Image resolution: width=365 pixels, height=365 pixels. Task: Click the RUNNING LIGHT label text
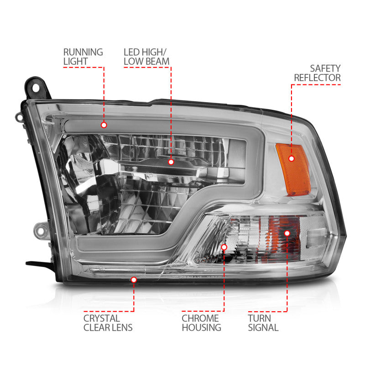coord(83,57)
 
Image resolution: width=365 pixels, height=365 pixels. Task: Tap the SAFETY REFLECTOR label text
coord(323,73)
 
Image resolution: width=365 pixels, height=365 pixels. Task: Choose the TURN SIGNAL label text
coord(263,323)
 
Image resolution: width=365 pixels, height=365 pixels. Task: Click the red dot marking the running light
coord(104,125)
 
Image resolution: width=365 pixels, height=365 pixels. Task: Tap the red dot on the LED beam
coord(171,162)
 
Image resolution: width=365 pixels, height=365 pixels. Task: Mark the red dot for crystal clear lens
coord(134,279)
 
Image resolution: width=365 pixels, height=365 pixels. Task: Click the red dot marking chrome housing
coord(224,247)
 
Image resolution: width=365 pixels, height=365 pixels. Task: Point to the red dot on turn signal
coord(287,233)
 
